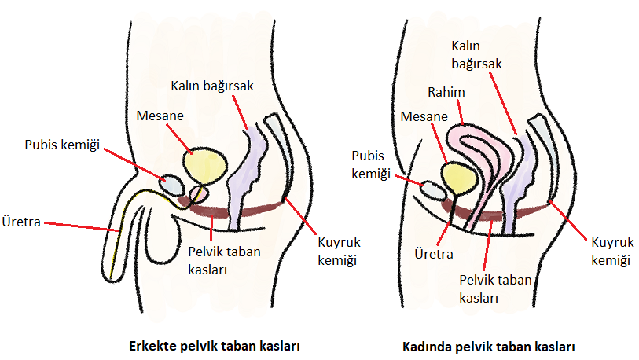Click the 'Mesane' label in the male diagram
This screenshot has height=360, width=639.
[160, 116]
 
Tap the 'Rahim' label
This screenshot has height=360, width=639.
[446, 92]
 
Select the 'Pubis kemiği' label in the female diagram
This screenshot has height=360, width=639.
[371, 165]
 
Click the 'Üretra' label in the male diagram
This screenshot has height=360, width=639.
[21, 222]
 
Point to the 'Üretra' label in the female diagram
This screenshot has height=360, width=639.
[434, 254]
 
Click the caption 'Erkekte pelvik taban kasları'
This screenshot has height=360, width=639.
[215, 346]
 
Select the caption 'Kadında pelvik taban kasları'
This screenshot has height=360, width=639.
[488, 347]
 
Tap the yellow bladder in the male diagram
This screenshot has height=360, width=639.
[204, 167]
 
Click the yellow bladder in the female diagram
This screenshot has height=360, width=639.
[458, 179]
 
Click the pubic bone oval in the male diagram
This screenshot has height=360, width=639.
[171, 185]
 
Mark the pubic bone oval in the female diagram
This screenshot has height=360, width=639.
[433, 191]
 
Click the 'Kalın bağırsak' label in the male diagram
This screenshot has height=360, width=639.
[212, 86]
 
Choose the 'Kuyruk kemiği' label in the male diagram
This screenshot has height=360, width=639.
[339, 252]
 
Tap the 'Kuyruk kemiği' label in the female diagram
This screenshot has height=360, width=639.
[612, 252]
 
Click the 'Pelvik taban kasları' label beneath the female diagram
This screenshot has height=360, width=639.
[495, 289]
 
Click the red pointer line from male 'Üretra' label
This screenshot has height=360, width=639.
[82, 227]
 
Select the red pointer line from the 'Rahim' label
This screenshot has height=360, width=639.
[461, 112]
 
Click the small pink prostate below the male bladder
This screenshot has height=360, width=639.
[200, 193]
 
